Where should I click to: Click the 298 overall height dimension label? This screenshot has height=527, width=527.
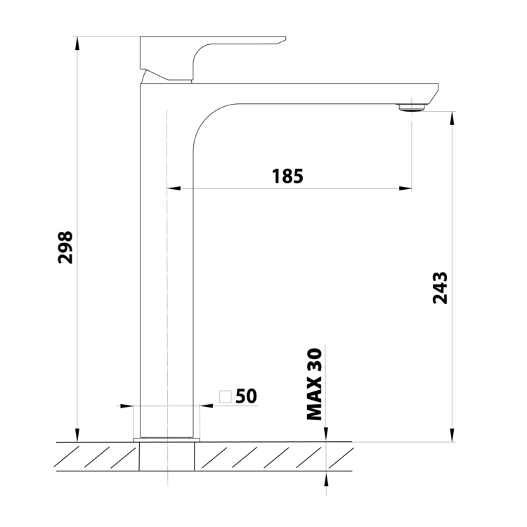point(65,247)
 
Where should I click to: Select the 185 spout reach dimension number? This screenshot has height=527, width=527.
point(287,176)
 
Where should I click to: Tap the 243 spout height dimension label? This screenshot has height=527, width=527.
point(440,288)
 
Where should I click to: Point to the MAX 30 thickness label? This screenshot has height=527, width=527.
point(315,384)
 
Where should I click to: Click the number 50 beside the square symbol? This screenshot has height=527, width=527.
point(247,396)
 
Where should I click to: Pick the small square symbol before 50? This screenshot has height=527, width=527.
point(225,396)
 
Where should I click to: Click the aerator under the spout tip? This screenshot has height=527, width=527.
point(412,108)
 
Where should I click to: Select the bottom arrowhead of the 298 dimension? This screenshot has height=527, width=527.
point(77,435)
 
